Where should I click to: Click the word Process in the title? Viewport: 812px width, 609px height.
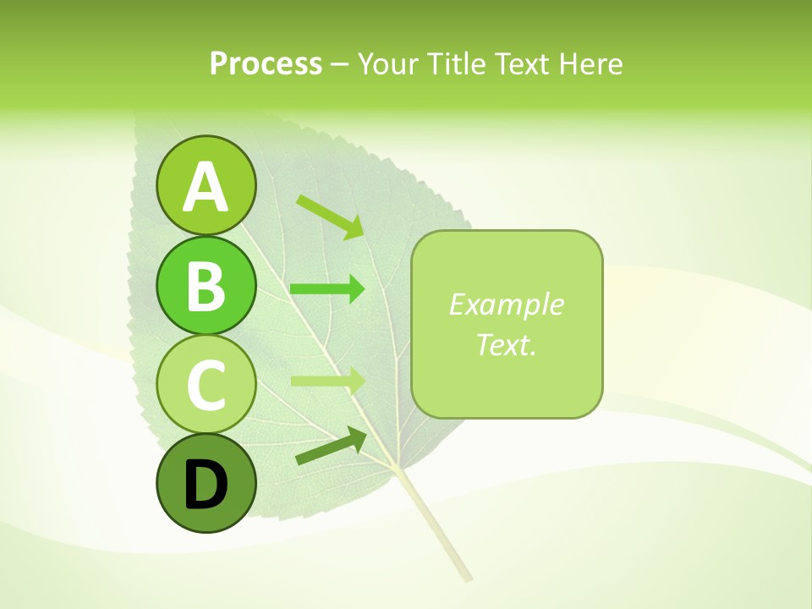(x=266, y=64)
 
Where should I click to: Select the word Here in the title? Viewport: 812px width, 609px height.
(x=591, y=64)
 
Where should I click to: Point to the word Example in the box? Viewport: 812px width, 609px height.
(x=506, y=304)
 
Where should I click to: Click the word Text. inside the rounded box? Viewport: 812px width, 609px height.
(x=506, y=344)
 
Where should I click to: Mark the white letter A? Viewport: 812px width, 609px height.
(x=206, y=187)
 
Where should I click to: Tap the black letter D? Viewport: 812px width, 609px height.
(x=206, y=486)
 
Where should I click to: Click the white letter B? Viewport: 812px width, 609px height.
(x=206, y=286)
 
